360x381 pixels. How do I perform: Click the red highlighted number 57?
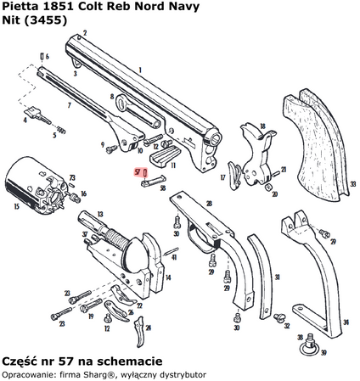(137, 171)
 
